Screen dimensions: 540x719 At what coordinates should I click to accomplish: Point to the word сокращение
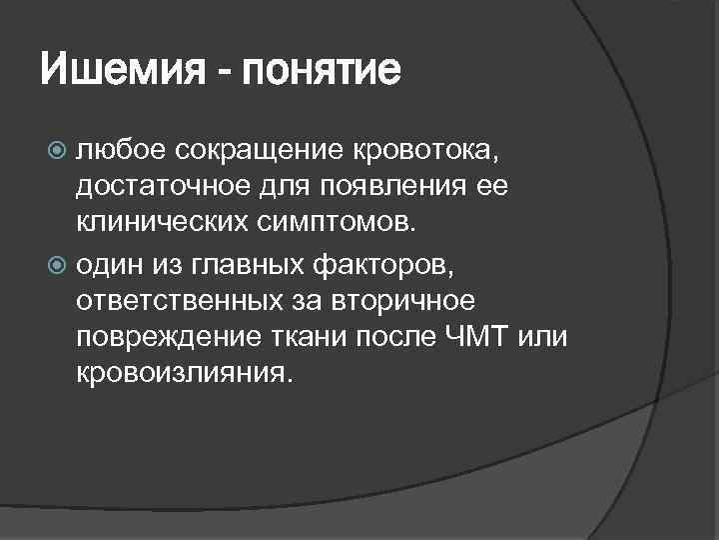click(265, 150)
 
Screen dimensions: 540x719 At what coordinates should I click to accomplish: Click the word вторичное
click(424, 299)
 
